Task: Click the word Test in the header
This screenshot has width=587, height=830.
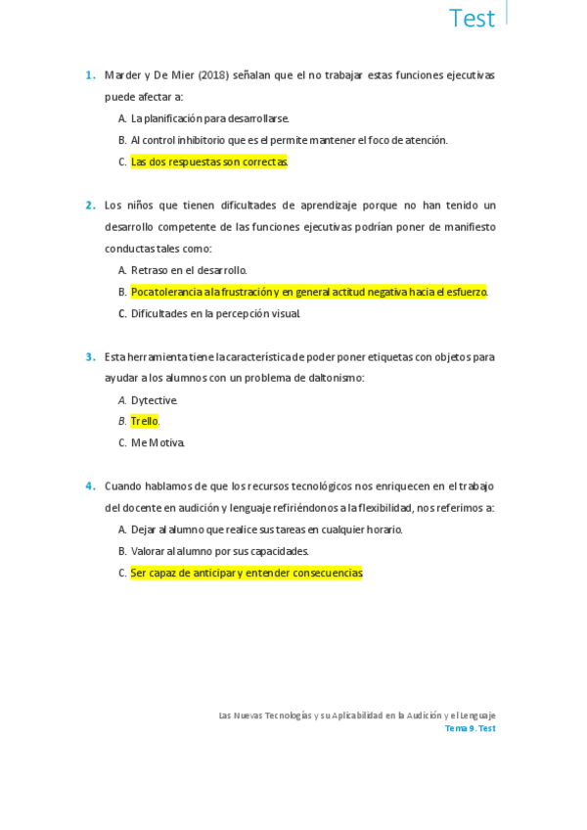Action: tap(472, 19)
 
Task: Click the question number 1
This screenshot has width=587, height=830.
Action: tap(89, 75)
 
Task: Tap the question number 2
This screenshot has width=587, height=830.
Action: tap(89, 206)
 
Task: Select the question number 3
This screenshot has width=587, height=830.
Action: tap(89, 357)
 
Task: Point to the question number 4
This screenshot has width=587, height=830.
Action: tap(89, 486)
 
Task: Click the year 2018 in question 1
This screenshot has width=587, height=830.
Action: tap(213, 75)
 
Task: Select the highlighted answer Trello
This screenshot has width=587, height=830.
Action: tap(144, 421)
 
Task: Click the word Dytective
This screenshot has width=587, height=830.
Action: tap(155, 400)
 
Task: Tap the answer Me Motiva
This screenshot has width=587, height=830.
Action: tap(158, 442)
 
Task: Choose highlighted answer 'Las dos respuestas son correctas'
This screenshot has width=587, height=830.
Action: tap(209, 161)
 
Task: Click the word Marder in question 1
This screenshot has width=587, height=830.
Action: tap(124, 75)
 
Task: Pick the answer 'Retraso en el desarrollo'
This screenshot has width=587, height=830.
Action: tap(189, 270)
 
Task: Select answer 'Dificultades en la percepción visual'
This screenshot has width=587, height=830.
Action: tap(215, 313)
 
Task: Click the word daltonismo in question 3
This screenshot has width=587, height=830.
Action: tap(330, 378)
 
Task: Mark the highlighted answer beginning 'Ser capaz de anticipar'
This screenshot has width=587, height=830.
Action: tap(247, 573)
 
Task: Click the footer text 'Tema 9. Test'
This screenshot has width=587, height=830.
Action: tap(470, 729)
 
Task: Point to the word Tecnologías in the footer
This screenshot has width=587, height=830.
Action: tap(287, 715)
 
